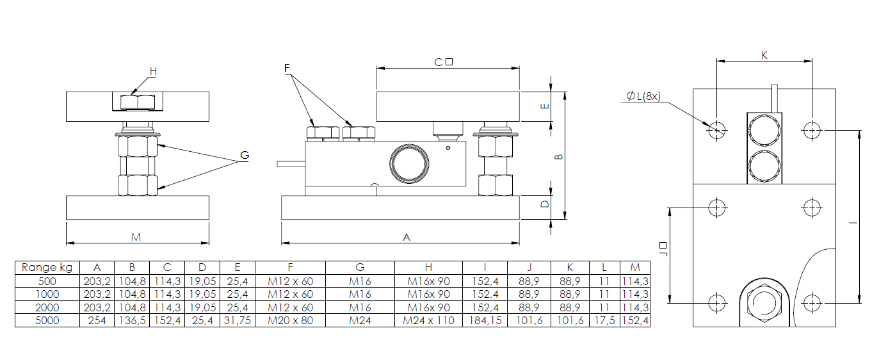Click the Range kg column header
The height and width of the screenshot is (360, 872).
47,268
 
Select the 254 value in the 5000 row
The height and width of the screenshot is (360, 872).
97,320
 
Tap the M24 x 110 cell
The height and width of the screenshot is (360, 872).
428,320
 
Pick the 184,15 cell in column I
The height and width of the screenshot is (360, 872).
485,320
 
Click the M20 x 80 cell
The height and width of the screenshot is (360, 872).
290,320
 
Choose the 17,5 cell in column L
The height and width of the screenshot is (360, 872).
603,320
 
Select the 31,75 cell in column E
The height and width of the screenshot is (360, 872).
237,320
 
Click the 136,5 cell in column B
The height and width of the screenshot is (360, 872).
131,320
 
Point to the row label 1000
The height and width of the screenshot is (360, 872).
47,294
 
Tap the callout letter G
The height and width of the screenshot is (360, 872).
243,156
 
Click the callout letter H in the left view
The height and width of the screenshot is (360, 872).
152,72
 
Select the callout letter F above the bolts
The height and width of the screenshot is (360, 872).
287,67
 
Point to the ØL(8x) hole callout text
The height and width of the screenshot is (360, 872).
643,97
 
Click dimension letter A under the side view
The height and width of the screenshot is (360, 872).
405,237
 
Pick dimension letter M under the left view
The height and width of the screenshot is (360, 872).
136,237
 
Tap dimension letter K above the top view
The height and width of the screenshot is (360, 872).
764,55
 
